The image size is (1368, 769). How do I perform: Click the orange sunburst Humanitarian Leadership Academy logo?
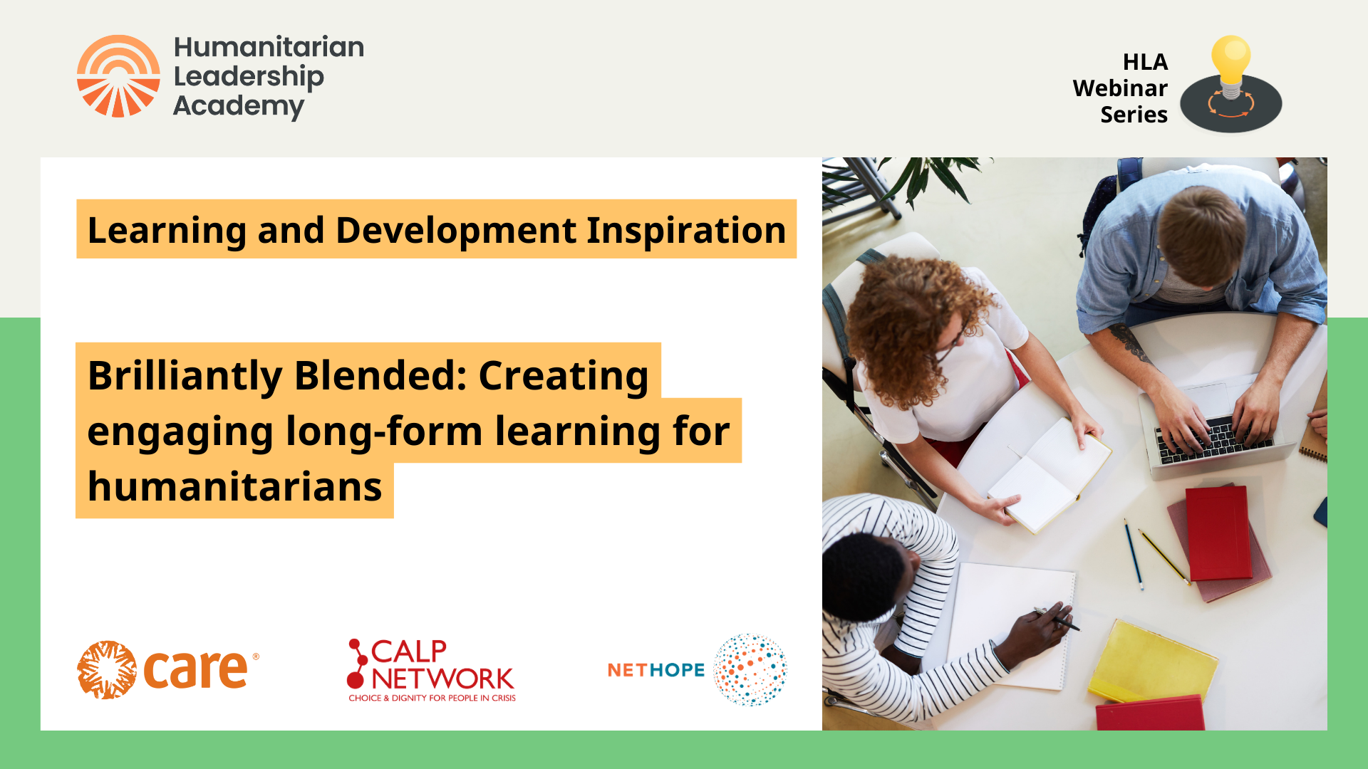coord(118,76)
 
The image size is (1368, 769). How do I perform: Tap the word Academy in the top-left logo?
coord(239,106)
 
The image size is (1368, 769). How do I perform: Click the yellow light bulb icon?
coord(1230,61)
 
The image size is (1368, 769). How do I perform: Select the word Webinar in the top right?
coord(1120,88)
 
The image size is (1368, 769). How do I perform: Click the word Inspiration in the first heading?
coord(686,231)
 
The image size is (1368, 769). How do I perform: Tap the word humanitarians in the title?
coord(234,487)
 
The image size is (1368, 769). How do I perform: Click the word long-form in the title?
coord(384,431)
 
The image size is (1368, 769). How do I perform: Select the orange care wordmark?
coord(196,670)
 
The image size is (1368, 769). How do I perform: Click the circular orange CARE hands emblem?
coord(107,670)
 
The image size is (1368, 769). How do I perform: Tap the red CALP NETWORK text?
coord(442,665)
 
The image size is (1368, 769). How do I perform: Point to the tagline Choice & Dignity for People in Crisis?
coord(432,698)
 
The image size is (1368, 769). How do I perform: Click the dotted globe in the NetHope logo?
coord(750,669)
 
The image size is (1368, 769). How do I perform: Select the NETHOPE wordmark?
coord(655,670)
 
